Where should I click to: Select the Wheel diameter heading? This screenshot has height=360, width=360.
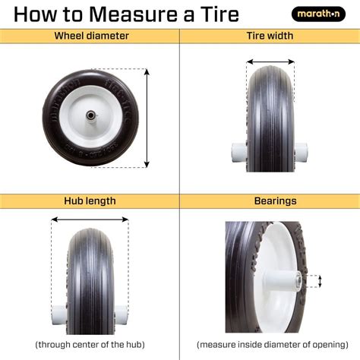[x=90, y=36]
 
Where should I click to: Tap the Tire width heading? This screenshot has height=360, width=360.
[x=270, y=36]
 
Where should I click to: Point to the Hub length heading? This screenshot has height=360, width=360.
[x=90, y=201]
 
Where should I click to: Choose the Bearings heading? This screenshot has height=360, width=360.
[x=270, y=201]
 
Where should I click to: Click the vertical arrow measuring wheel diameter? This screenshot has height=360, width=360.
[x=147, y=118]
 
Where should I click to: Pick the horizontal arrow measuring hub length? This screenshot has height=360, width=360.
[x=90, y=221]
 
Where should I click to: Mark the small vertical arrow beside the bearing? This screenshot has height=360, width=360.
[x=320, y=281]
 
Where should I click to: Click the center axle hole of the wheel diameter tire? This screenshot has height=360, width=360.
[x=91, y=117]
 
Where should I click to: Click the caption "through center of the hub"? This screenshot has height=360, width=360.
[x=90, y=343]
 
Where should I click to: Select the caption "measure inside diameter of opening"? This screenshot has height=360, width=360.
[x=269, y=343]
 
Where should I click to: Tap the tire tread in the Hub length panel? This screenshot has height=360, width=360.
[x=90, y=281]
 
